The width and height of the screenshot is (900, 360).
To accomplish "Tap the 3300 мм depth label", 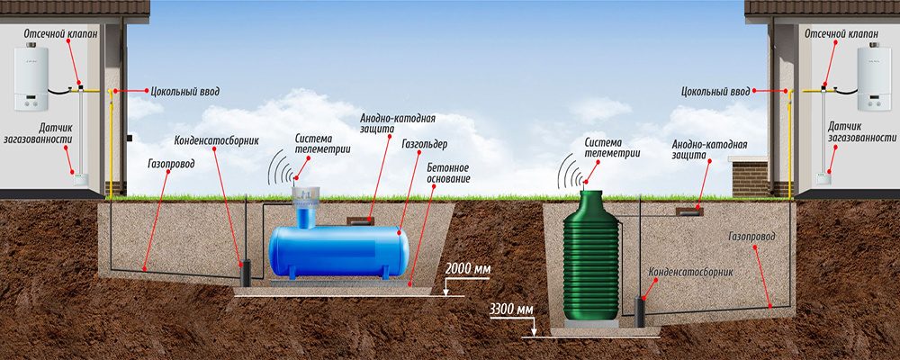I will [x=511, y=310].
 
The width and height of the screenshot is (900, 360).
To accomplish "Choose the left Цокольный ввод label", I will [x=185, y=91].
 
